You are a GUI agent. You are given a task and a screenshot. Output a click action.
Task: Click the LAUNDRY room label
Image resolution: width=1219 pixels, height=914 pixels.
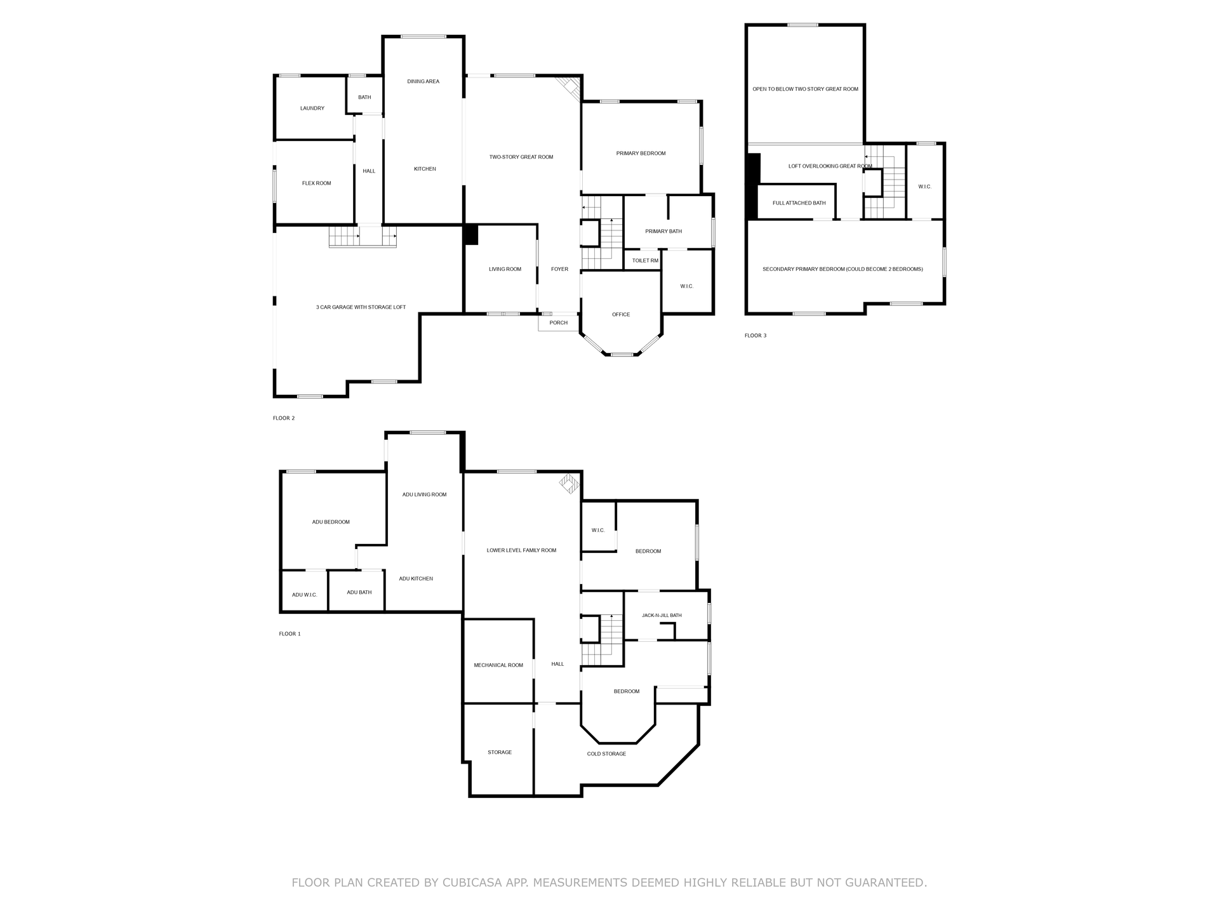pyautogui.click(x=312, y=109)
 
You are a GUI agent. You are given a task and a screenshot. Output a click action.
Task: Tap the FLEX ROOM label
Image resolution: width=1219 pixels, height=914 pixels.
pyautogui.click(x=316, y=183)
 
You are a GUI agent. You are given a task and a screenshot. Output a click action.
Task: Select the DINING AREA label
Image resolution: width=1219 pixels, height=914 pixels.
pyautogui.click(x=423, y=81)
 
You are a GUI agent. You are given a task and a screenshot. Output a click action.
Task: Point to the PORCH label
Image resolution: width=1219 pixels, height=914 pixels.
pyautogui.click(x=559, y=322)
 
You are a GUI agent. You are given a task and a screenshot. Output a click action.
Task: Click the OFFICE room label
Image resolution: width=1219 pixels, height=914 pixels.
pyautogui.click(x=621, y=314)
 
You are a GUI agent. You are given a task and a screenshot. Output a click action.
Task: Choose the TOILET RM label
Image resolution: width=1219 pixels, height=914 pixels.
pyautogui.click(x=645, y=260)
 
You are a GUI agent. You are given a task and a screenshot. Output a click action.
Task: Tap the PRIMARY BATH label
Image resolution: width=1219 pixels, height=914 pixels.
pyautogui.click(x=663, y=231)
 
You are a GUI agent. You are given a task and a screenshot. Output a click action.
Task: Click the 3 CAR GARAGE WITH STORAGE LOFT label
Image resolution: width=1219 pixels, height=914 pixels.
pyautogui.click(x=361, y=307)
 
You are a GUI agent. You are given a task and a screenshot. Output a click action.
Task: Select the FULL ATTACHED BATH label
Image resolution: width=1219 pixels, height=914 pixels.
pyautogui.click(x=799, y=203)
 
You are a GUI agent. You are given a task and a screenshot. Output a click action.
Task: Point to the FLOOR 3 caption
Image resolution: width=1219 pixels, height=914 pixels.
pyautogui.click(x=756, y=335)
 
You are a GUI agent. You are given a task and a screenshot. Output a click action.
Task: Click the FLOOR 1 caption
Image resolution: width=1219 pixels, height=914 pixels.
pyautogui.click(x=290, y=633)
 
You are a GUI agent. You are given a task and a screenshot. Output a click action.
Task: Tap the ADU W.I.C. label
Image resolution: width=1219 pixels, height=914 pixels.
pyautogui.click(x=304, y=595)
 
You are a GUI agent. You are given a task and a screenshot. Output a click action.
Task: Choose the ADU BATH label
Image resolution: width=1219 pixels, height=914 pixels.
pyautogui.click(x=359, y=592)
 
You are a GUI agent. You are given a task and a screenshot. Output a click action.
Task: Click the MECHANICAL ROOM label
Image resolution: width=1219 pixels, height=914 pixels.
pyautogui.click(x=498, y=665)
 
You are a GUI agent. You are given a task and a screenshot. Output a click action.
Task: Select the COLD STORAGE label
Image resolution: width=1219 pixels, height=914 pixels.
pyautogui.click(x=606, y=754)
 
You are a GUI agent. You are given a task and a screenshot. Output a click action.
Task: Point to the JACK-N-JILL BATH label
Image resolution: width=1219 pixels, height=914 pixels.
pyautogui.click(x=662, y=615)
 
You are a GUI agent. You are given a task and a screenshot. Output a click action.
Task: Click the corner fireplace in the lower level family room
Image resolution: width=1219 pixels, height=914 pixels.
pyautogui.click(x=570, y=484)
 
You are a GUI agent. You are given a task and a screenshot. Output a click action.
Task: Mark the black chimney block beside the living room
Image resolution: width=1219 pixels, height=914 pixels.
pyautogui.click(x=471, y=235)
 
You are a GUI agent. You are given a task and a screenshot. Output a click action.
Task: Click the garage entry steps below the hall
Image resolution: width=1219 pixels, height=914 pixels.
pyautogui.click(x=363, y=237)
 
